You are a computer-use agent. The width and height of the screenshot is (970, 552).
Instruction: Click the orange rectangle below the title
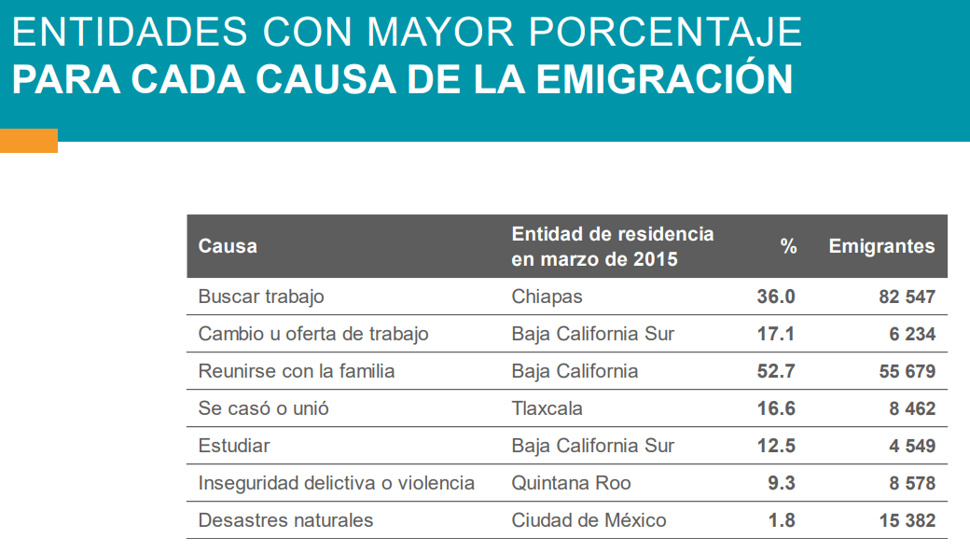click(28, 141)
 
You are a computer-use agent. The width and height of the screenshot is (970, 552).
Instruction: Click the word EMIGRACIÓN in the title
click(666, 79)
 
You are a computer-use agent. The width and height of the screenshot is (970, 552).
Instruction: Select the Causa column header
click(228, 247)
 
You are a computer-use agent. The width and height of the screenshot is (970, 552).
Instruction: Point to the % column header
click(788, 247)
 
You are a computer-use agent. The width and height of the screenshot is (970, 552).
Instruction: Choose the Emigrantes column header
click(881, 247)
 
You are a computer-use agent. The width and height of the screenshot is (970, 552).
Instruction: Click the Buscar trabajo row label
click(261, 297)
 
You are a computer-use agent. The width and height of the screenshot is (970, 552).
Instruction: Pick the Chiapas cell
click(547, 297)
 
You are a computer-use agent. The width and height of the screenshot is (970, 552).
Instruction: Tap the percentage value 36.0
click(776, 297)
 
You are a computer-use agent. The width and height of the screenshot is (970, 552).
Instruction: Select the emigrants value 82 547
click(907, 297)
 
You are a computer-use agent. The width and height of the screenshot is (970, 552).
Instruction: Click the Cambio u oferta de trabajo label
click(313, 334)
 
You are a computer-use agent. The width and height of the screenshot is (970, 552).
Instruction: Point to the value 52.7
click(776, 371)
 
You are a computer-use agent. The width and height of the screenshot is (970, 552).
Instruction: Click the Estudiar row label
click(234, 446)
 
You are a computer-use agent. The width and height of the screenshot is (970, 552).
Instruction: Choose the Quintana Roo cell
click(571, 483)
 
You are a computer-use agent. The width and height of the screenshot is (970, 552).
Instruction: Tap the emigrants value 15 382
click(907, 520)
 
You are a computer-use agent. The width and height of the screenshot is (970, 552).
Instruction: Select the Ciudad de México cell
click(589, 520)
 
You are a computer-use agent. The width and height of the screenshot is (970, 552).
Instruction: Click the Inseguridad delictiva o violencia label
click(336, 483)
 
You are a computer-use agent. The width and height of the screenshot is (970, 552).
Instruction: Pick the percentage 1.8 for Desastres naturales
click(782, 520)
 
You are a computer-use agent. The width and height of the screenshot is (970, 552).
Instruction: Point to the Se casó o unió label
click(264, 408)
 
